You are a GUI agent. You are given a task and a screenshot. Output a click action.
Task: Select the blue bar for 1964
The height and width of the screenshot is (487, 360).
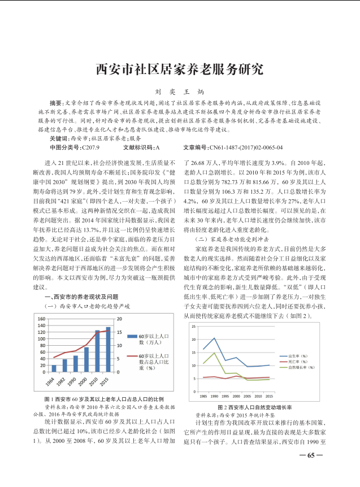[54, 368]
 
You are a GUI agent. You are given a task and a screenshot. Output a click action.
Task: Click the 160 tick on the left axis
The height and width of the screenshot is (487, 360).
[41, 319]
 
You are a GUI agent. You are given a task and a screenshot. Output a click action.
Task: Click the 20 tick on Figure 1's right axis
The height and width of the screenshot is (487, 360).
[119, 319]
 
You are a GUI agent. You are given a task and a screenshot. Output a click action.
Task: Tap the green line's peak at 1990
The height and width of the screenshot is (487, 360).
[215, 353]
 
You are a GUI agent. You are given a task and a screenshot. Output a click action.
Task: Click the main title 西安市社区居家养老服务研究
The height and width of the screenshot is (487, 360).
[180, 69]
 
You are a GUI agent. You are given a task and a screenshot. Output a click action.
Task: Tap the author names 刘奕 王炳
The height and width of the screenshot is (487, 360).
[180, 91]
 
